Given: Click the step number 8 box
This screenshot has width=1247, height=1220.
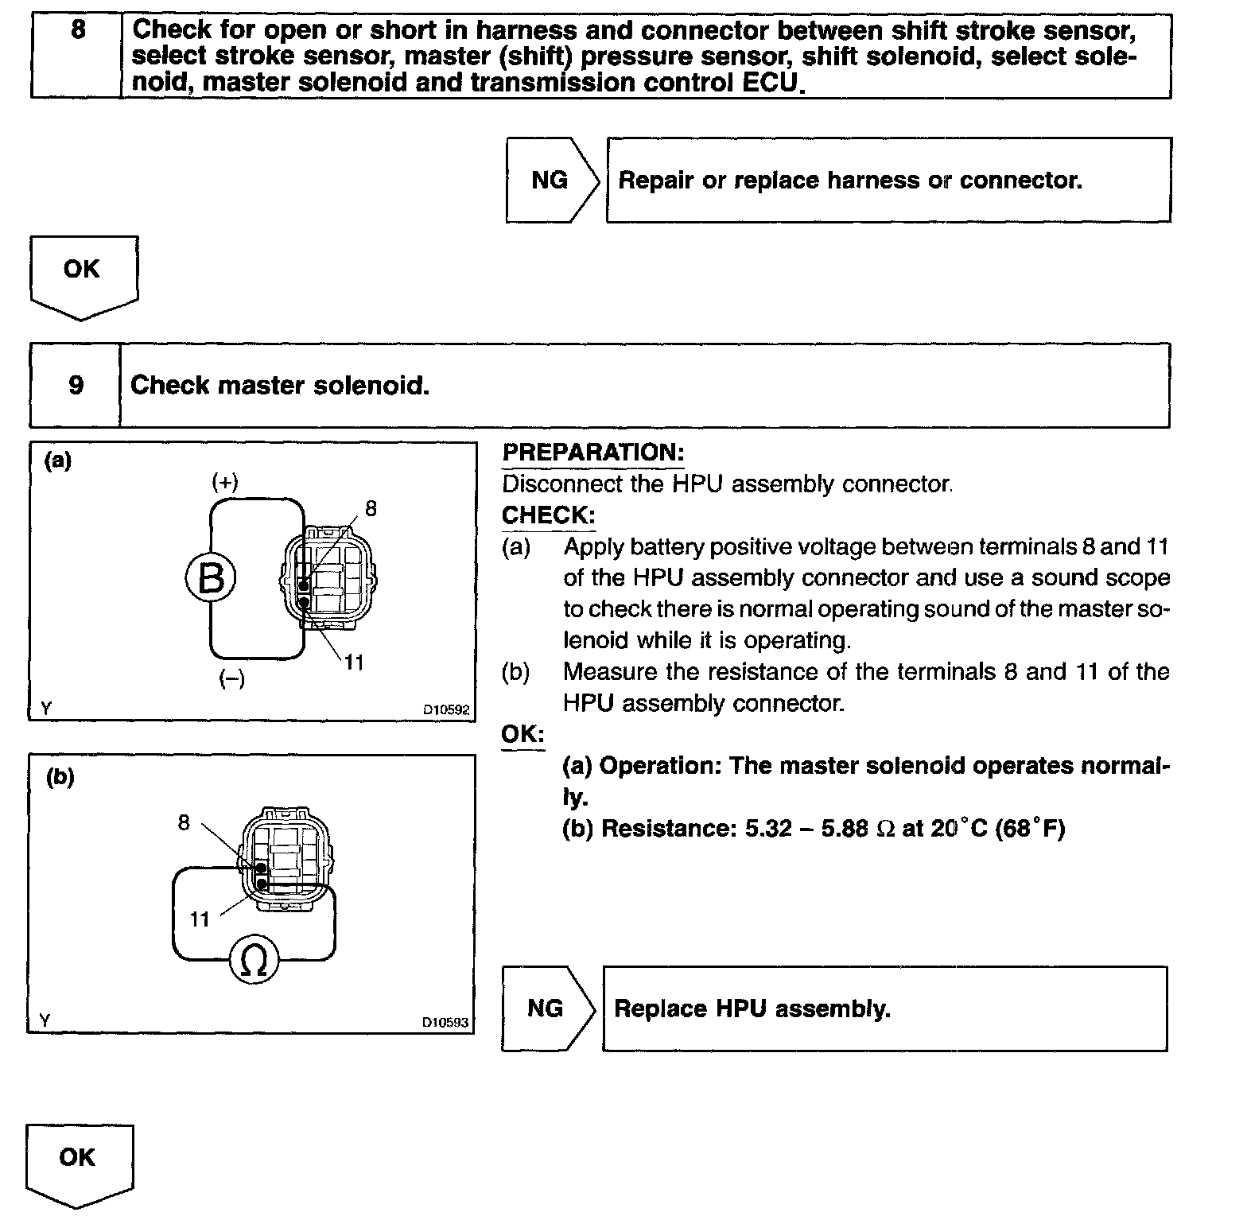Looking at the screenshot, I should click(x=76, y=56).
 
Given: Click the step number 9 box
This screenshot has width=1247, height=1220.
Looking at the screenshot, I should click(x=76, y=386).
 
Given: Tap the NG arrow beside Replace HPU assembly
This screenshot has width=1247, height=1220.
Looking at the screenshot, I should click(x=546, y=1008).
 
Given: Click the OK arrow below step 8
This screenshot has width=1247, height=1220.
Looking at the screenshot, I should click(x=83, y=274).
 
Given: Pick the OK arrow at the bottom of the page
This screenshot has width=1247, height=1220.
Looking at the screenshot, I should click(x=79, y=1162).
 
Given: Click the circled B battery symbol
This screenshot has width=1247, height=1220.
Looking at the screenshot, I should click(x=211, y=578).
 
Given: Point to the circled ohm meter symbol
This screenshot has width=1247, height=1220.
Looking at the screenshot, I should click(x=254, y=961).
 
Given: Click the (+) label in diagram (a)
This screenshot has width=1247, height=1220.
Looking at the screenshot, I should click(x=225, y=482).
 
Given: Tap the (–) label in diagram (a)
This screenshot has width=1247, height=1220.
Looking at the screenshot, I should click(x=231, y=678).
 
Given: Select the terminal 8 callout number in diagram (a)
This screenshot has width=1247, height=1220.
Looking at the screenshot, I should click(x=371, y=508).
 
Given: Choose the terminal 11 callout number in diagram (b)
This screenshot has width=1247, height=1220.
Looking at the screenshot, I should click(x=199, y=919).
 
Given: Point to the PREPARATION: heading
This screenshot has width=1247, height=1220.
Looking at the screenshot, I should click(x=592, y=453).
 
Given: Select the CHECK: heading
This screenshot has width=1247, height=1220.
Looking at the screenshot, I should click(x=548, y=515).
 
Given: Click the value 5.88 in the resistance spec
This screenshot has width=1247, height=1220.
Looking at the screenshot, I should click(x=844, y=829).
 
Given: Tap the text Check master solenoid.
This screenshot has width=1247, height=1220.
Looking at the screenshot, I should click(x=280, y=386).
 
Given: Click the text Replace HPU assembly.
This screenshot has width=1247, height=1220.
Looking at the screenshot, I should click(x=752, y=1008).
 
